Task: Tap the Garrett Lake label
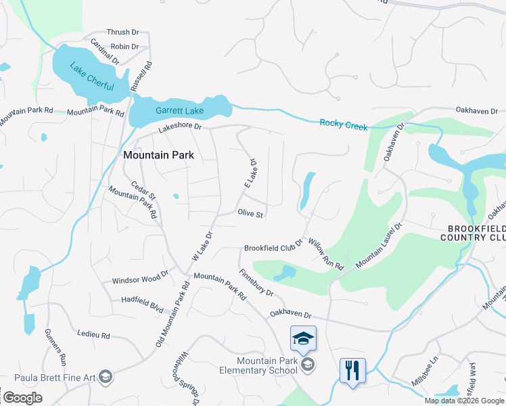(x=179, y=110)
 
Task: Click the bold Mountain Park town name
(x=158, y=155)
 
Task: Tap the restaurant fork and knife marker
(x=352, y=371)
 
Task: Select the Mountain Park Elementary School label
(x=267, y=365)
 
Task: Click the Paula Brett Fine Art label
(x=51, y=377)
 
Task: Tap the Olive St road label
(x=250, y=214)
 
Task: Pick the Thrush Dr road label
(x=124, y=32)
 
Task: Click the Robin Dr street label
(x=124, y=47)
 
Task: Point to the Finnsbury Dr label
(x=256, y=284)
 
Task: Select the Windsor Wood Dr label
(x=139, y=279)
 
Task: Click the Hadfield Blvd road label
(x=143, y=303)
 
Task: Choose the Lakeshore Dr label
(x=180, y=127)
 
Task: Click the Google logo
(x=22, y=398)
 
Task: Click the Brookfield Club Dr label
(x=273, y=248)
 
